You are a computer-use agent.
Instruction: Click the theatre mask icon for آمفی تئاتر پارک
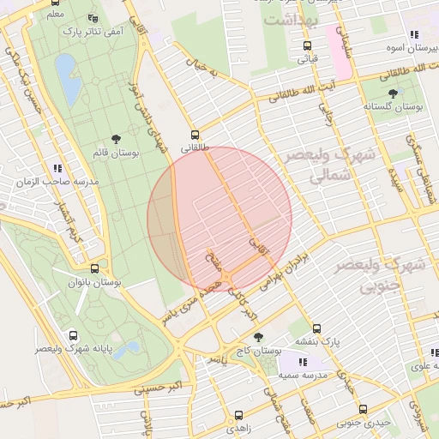(x=93, y=18)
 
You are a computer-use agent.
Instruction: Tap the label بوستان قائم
(x=112, y=153)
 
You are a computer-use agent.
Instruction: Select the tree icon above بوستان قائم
(x=116, y=139)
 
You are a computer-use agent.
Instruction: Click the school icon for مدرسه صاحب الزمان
(x=57, y=169)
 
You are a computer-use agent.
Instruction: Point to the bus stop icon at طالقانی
(x=195, y=135)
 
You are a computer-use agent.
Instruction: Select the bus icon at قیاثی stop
(x=307, y=46)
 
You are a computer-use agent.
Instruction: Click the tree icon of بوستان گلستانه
(x=393, y=93)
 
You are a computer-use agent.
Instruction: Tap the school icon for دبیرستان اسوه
(x=414, y=35)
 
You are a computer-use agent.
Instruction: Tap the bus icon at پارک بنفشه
(x=316, y=328)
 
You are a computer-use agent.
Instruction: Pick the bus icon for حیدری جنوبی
(x=363, y=409)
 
